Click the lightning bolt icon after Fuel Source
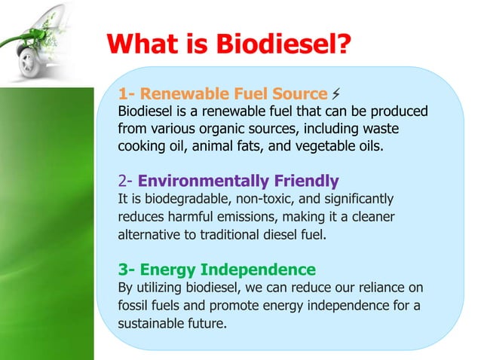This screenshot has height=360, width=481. tap(335, 93)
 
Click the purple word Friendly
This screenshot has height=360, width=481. tap(302, 181)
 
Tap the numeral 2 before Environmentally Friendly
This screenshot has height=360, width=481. tap(124, 181)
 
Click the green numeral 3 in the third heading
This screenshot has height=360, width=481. tap(124, 269)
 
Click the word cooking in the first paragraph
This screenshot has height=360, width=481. tap(141, 145)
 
